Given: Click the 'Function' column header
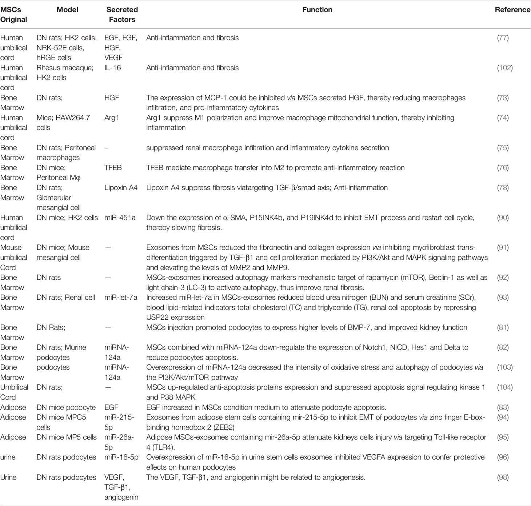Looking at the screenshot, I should pos(317,10).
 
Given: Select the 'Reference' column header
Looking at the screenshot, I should pos(512,10).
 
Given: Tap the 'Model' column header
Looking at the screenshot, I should pos(67,10).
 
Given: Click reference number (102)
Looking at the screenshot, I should pos(505,68).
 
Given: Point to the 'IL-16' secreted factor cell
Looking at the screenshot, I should pos(112,68).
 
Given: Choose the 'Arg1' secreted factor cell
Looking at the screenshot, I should pos(112,118).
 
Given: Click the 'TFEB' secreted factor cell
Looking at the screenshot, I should pos(113,168).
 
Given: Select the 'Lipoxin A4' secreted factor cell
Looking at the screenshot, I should pos(121,188).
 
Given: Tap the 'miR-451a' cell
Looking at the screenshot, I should pos(120,218).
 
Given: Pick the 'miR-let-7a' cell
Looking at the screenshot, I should pos(121,298).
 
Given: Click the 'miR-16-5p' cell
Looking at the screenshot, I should pos(121,457).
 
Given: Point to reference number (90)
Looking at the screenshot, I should pos(503,218).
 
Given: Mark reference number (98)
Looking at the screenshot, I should pos(503,477).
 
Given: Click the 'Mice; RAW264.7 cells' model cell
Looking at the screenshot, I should pos(63,123).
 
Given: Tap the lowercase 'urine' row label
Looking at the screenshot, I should pos(8,457).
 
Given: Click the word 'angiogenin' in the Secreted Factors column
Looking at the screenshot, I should pos(121,497).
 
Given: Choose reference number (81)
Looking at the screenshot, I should pos(503,327).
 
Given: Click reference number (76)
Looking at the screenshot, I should pos(503,168).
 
